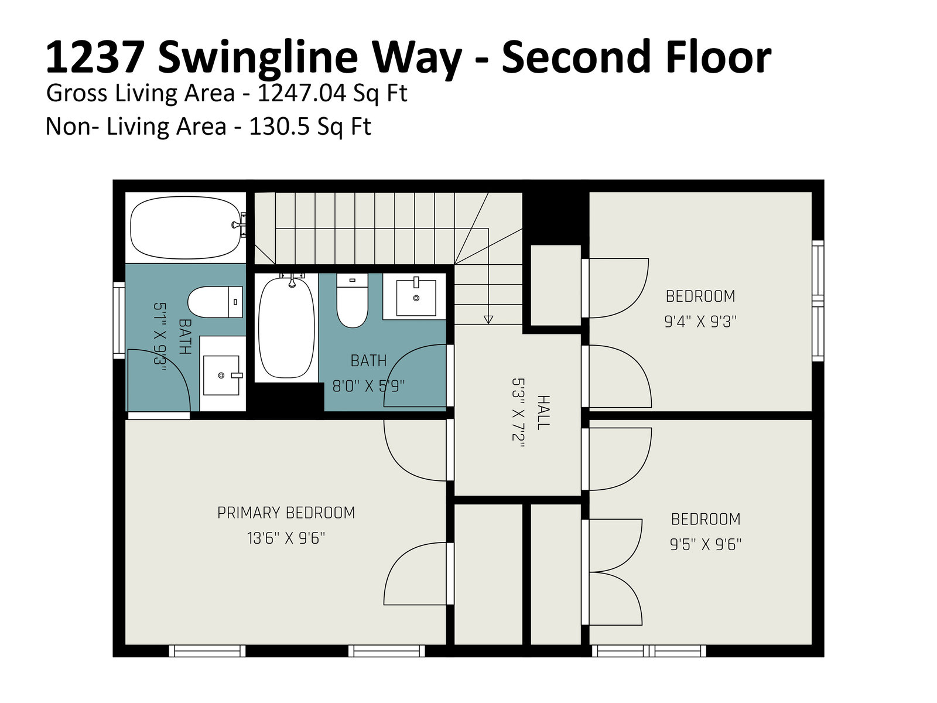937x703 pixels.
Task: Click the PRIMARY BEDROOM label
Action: pyautogui.click(x=286, y=513)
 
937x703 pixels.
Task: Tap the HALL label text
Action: pyautogui.click(x=543, y=412)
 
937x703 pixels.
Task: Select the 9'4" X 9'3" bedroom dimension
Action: pyautogui.click(x=700, y=322)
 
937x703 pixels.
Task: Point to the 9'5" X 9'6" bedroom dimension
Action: pyautogui.click(x=706, y=545)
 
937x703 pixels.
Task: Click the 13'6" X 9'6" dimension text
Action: pyautogui.click(x=286, y=538)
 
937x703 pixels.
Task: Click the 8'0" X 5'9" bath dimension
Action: pyautogui.click(x=368, y=387)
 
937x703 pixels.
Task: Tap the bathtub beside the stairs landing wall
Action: pyautogui.click(x=286, y=327)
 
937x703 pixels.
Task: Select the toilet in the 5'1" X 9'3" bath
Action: pyautogui.click(x=215, y=302)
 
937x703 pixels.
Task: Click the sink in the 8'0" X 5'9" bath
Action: pyautogui.click(x=416, y=297)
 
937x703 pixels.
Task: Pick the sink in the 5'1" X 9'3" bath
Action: pyautogui.click(x=221, y=375)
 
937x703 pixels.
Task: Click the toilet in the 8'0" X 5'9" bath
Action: pyautogui.click(x=352, y=301)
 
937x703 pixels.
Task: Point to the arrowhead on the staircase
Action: pyautogui.click(x=488, y=319)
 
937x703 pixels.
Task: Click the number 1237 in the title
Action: pyautogui.click(x=94, y=57)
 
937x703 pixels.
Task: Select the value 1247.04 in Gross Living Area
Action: pyautogui.click(x=302, y=93)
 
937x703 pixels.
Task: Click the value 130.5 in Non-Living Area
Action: pyautogui.click(x=280, y=127)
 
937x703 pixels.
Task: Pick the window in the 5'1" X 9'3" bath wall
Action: pyautogui.click(x=119, y=320)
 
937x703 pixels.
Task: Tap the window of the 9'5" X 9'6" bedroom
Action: pyautogui.click(x=648, y=651)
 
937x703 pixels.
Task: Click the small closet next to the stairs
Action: pyautogui.click(x=556, y=285)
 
